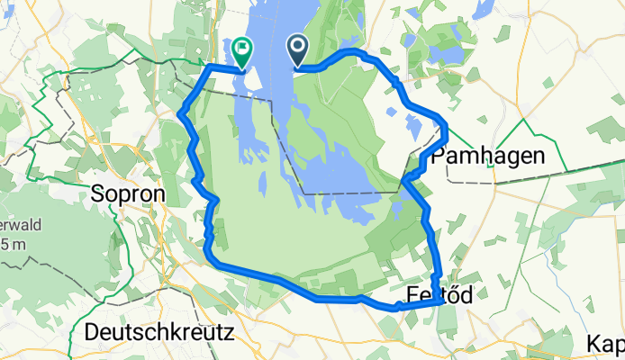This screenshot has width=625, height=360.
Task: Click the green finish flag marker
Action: (242, 52)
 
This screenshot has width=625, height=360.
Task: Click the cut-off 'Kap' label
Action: (605, 343)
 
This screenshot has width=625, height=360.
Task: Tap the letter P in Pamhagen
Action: (439, 156)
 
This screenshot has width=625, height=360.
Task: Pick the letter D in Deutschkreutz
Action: (91, 332)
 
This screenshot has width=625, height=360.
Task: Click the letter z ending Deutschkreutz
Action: (229, 332)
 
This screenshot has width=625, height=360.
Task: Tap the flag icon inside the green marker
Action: (242, 48)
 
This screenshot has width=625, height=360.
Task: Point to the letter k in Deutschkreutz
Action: (167, 332)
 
